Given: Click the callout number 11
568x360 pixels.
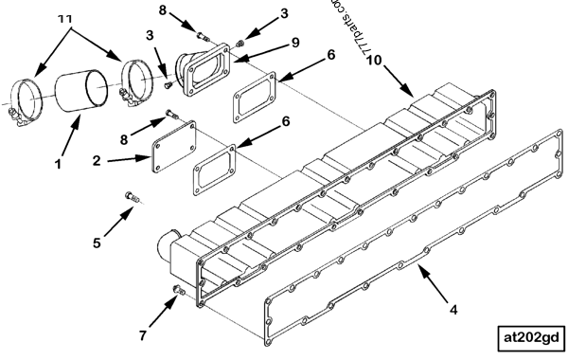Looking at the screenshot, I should click(x=65, y=19).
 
